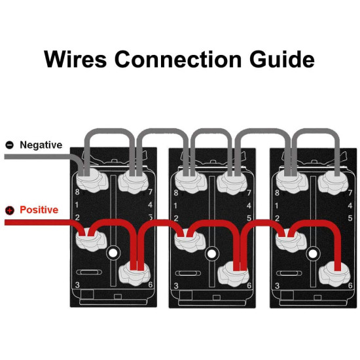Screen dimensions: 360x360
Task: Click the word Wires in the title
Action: tap(75, 59)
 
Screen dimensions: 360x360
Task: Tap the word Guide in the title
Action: tap(282, 59)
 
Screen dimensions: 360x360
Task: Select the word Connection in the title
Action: tap(178, 59)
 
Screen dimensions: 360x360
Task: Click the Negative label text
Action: tap(41, 145)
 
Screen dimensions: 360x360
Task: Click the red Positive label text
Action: tap(39, 210)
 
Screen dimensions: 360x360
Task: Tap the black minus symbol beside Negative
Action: tap(10, 145)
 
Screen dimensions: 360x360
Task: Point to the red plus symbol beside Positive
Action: tap(10, 210)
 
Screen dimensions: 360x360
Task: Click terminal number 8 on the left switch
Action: tap(77, 192)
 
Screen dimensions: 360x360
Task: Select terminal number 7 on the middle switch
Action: tap(249, 193)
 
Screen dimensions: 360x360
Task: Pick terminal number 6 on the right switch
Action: tap(350, 285)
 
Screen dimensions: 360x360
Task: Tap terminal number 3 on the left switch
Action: tap(77, 285)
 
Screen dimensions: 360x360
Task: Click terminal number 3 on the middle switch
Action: tap(176, 286)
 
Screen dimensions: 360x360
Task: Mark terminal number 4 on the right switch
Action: tap(350, 206)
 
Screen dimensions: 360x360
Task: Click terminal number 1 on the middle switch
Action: tap(175, 206)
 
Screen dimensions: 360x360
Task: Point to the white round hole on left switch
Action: tap(113, 253)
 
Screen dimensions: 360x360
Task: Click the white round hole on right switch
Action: tap(312, 254)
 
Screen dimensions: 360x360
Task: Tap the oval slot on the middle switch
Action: tap(188, 273)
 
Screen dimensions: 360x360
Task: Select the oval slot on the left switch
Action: tap(89, 272)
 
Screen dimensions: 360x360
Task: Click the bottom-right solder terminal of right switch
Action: tap(335, 274)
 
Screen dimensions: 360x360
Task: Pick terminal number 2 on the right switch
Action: tap(277, 218)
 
